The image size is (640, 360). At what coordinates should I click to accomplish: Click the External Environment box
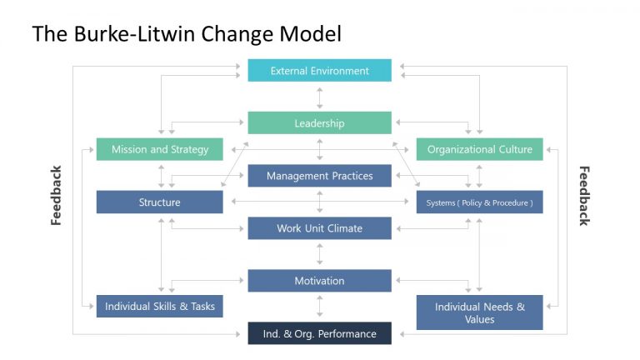319,71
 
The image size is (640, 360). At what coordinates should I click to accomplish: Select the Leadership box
319,123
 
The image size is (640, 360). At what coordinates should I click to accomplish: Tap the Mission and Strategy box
159,150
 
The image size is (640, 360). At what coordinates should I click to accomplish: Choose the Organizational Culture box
479,150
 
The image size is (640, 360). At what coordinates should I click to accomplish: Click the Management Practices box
319,176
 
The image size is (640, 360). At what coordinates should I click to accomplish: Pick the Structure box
159,202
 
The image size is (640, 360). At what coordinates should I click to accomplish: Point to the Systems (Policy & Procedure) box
479,202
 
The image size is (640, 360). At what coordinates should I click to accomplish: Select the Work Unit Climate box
319,228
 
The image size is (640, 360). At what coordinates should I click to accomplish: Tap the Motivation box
319,281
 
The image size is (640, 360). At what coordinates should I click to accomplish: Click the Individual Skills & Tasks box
159,306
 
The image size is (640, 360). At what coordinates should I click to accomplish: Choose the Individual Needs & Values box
479,312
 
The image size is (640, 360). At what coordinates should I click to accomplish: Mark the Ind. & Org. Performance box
319,334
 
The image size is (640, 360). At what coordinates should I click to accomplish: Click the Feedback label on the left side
57,196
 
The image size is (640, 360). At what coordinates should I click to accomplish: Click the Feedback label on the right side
583,196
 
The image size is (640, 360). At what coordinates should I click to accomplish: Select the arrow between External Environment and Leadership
319,97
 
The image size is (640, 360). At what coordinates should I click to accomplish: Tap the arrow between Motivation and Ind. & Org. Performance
319,307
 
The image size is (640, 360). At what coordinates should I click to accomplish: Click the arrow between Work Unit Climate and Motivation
319,254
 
